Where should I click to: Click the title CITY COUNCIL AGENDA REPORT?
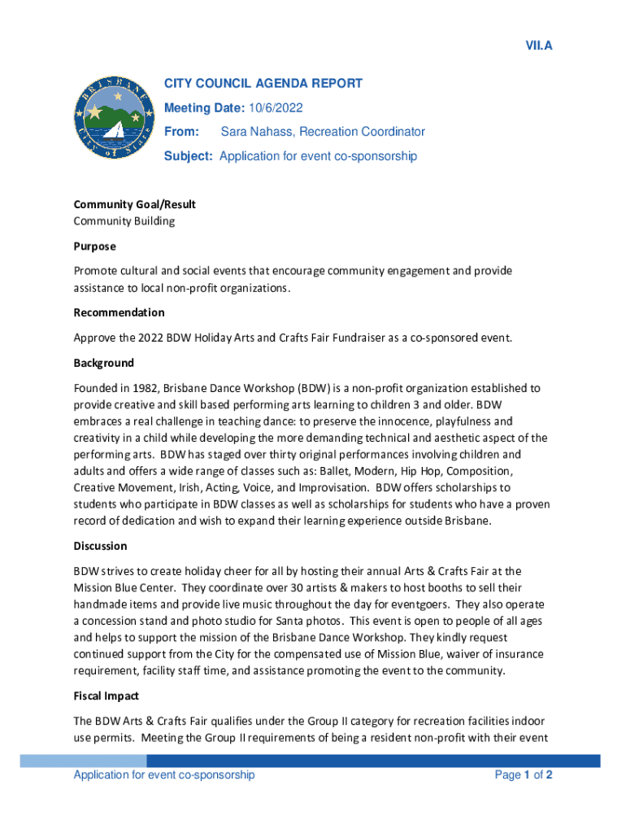point(263,83)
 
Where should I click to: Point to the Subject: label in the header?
point(189,156)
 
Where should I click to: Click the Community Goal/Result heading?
point(134,204)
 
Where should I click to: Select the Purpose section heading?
point(95,246)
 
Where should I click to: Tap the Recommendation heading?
point(119,312)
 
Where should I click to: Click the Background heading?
point(104,363)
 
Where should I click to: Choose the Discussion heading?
point(100,546)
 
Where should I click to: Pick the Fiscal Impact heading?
point(107,696)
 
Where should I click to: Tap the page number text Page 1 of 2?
point(524,775)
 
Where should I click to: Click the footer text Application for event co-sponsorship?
point(164,775)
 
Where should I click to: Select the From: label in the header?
point(181,132)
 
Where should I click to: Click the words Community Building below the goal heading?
point(124,220)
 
